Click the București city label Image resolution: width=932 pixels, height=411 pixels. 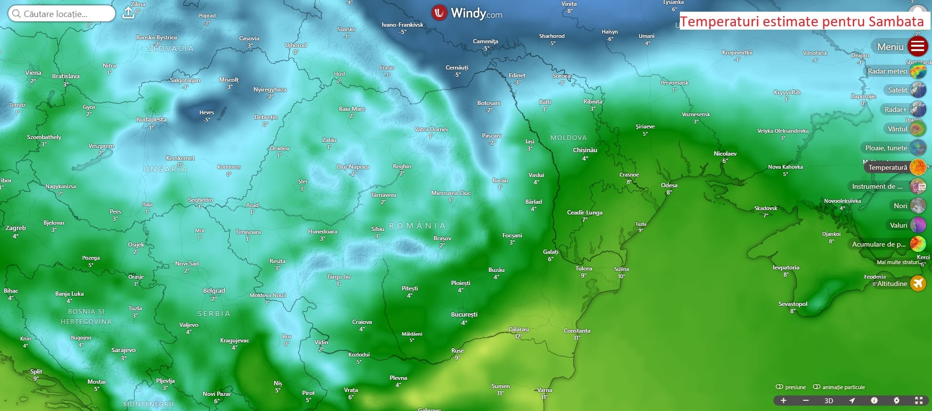coord(464,315)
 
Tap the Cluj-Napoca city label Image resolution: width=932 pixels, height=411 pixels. coord(353,167)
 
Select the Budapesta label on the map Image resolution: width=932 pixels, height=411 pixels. coord(151,120)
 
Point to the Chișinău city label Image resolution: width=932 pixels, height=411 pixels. coord(585,150)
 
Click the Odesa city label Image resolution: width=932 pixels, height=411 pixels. coord(669,185)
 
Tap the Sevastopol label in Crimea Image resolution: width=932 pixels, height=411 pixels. coord(792,304)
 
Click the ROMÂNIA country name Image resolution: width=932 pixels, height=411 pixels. coord(417,226)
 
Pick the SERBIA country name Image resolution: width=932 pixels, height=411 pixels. coord(214,314)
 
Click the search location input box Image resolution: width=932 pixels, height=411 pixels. coord(62,14)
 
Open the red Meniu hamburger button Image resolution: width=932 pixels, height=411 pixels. coord(917,47)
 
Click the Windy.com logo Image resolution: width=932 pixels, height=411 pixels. coord(467,13)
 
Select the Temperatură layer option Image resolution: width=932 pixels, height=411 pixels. coord(888,167)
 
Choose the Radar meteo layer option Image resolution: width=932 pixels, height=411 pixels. coord(887,71)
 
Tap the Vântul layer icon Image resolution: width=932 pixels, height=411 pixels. coord(918,129)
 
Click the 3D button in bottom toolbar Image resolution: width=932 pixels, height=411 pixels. coord(828,401)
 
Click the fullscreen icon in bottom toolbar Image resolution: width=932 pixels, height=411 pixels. coord(918,400)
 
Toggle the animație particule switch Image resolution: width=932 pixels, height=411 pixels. coord(817,387)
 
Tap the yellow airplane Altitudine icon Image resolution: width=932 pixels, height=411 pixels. coord(918,283)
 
